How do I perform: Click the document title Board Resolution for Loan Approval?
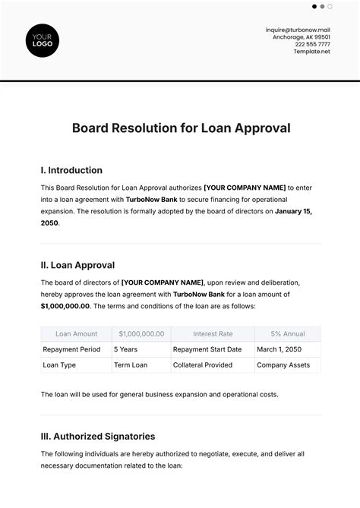[x=181, y=128]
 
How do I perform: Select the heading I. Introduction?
[x=71, y=170]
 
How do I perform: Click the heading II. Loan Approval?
[x=77, y=265]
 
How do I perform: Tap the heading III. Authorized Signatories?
[x=98, y=437]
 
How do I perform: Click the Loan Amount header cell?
[x=76, y=333]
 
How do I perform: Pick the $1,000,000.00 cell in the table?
[x=141, y=333]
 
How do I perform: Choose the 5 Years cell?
[x=125, y=349]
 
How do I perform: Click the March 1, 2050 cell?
[x=279, y=349]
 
